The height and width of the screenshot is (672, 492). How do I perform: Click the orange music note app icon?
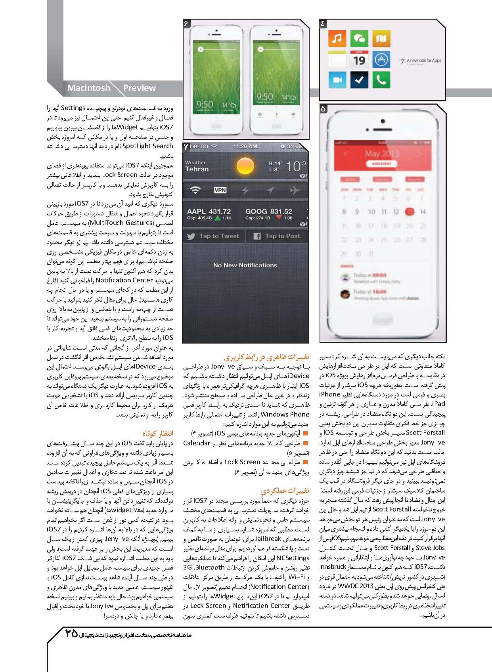(337, 38)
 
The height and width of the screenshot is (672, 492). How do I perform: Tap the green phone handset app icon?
(381, 80)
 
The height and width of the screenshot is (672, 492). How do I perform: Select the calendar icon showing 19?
(359, 59)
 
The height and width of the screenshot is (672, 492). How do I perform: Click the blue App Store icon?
(381, 59)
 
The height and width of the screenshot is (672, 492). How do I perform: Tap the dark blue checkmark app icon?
(359, 80)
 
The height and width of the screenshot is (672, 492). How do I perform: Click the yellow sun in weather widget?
(245, 166)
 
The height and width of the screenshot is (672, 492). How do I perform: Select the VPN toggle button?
(220, 190)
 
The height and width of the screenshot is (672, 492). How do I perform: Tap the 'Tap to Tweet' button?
(214, 236)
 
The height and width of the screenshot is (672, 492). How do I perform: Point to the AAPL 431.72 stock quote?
(209, 214)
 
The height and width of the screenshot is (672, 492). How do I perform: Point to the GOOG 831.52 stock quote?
(269, 214)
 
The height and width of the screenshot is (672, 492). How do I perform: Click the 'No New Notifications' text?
(245, 265)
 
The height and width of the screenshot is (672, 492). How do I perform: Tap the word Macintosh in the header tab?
(88, 88)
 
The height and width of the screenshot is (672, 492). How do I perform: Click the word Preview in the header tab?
(140, 88)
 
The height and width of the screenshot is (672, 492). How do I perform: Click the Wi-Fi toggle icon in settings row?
(195, 190)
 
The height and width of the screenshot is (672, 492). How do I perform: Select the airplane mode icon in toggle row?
(295, 190)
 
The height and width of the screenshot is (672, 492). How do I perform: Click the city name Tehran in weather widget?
(197, 169)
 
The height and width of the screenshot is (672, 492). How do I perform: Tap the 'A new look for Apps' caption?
(423, 61)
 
